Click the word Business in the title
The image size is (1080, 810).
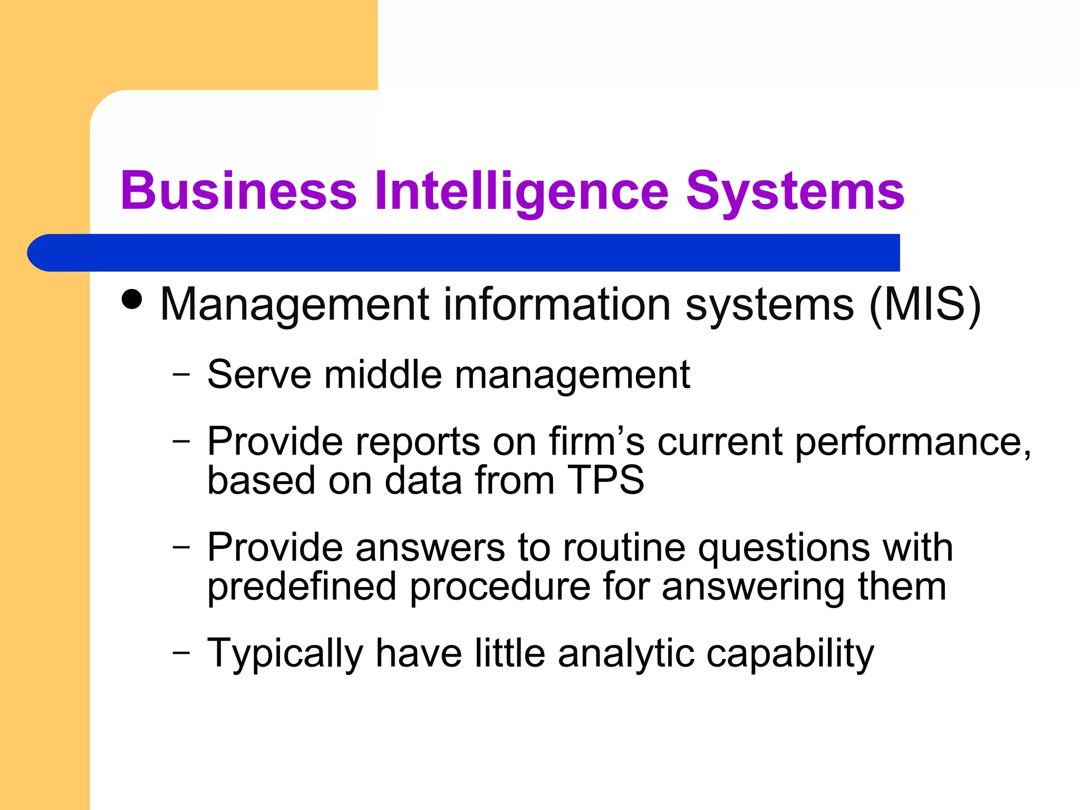point(238,191)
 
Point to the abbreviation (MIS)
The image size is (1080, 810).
point(924,305)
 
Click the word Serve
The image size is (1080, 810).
point(259,375)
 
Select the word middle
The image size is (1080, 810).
point(382,375)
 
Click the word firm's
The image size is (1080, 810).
point(596,441)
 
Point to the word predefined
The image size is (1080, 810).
point(301,587)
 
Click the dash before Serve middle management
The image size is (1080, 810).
point(181,374)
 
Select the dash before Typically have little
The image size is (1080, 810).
point(181,652)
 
